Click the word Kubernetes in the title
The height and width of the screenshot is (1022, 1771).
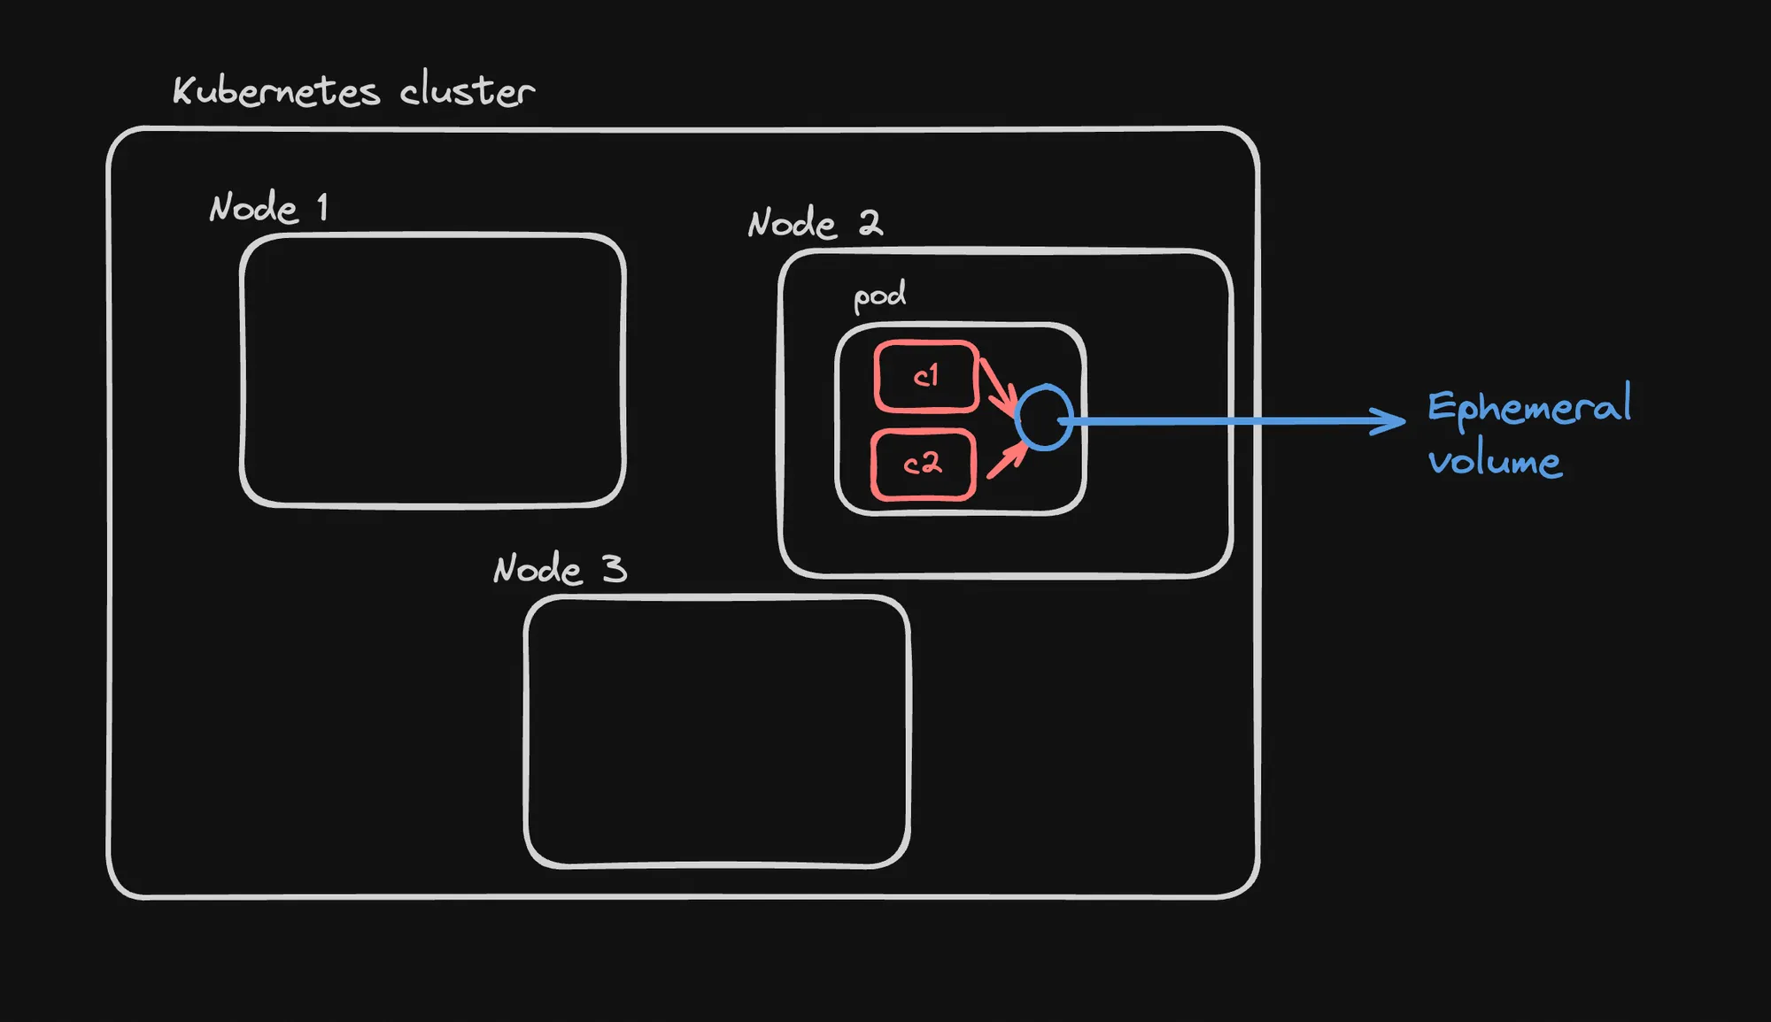point(275,91)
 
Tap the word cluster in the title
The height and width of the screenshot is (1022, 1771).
point(467,90)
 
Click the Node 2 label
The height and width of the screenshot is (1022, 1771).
point(815,223)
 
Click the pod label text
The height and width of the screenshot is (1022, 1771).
point(879,296)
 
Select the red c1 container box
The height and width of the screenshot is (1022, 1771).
point(926,377)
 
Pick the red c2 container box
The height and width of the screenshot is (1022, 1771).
point(923,465)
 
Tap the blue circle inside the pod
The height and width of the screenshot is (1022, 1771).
point(1044,418)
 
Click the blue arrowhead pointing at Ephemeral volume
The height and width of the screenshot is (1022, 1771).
point(1390,420)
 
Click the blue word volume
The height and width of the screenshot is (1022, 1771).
point(1495,462)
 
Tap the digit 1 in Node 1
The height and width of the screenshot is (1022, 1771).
point(323,207)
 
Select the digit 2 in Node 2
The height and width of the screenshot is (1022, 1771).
point(870,222)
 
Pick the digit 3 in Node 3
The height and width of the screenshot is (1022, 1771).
point(615,568)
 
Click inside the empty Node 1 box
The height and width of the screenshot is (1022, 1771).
point(432,370)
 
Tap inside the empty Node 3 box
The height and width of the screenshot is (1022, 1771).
point(716,731)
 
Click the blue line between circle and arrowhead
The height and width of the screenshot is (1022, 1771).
point(1222,421)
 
